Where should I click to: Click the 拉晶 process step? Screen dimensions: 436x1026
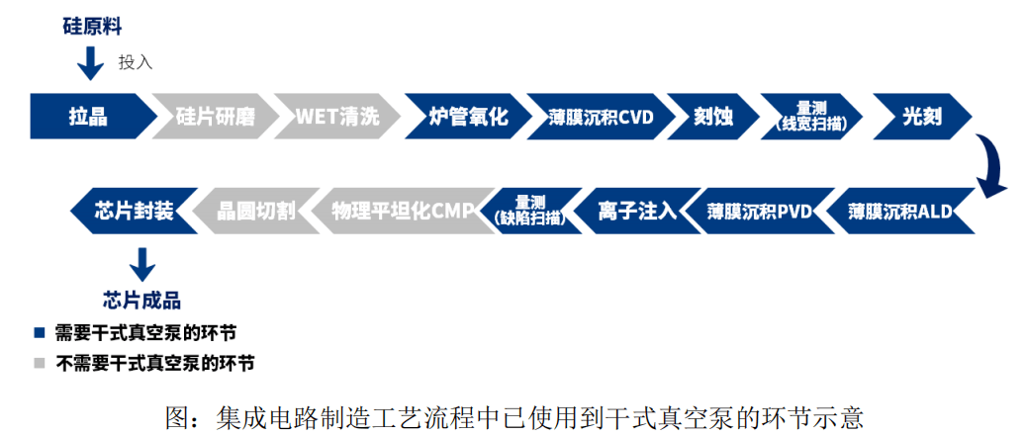[89, 117]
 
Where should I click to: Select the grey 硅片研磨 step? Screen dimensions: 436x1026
[214, 117]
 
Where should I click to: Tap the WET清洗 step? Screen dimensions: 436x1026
[336, 117]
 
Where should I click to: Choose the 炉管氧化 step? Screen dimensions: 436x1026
[464, 117]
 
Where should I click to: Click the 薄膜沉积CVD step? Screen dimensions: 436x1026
[599, 117]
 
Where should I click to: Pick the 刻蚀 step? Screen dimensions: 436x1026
[711, 117]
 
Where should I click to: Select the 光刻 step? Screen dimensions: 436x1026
[920, 117]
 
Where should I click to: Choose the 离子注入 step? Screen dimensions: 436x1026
[637, 211]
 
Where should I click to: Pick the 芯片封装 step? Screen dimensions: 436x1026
[133, 211]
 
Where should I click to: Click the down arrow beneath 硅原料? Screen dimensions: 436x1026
[90, 64]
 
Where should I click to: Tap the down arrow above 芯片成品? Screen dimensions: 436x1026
[142, 263]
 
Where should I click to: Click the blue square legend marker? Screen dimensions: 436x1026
[40, 332]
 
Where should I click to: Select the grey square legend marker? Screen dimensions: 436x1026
[40, 363]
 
